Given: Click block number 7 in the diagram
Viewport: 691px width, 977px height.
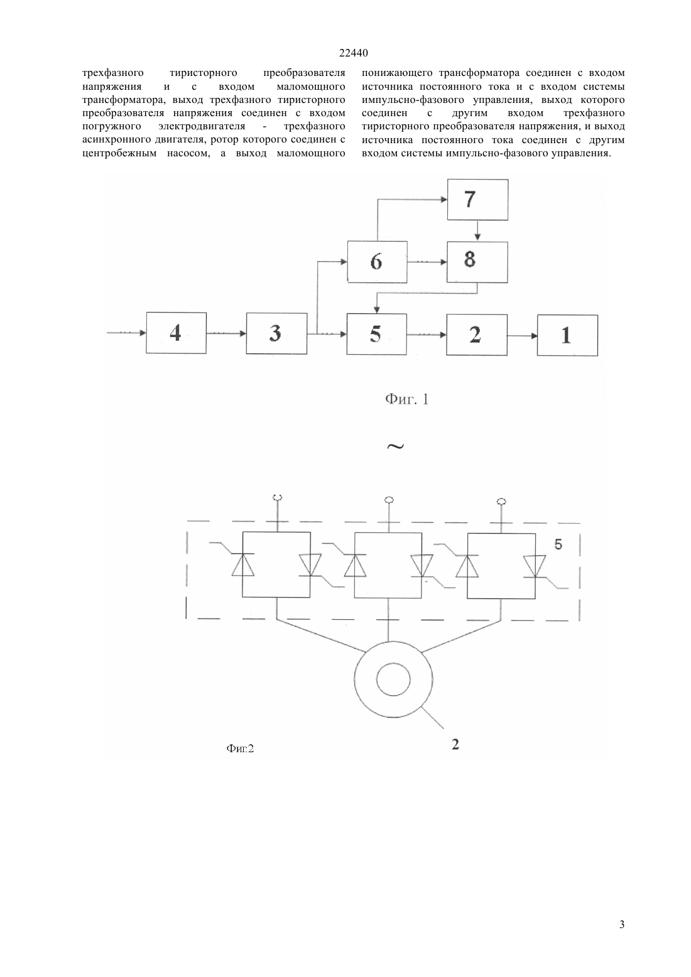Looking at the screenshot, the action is pos(477,200).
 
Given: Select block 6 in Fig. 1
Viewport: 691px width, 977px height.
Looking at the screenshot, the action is pos(378,262).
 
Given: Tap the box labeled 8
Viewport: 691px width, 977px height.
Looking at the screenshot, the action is pos(477,262).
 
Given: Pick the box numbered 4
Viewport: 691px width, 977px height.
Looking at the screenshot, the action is pos(177,333).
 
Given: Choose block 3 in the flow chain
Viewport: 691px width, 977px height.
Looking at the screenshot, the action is pos(276,333).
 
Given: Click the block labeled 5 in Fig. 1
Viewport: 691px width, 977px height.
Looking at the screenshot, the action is pos(377,334).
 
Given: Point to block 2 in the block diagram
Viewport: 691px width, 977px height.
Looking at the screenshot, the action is pos(477,335).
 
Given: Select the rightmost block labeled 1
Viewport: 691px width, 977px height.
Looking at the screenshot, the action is pos(567,335).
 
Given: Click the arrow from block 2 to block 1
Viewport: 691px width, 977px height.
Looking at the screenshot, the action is pos(522,335).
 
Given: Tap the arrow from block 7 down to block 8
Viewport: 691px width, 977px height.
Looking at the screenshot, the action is pos(477,230).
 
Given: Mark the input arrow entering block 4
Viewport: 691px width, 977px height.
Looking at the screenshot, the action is pos(126,333).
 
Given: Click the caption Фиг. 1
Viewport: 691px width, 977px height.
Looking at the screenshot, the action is pos(407,399).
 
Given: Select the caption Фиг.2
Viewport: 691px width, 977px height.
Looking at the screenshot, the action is pos(240,748).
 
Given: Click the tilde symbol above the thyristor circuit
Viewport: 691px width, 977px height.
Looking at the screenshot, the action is pos(395,446).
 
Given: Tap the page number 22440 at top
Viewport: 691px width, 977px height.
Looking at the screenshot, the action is pos(353,53).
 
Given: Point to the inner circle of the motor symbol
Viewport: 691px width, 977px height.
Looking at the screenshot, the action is pos(393,679).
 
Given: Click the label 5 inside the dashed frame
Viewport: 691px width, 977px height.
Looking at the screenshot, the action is pos(558,544).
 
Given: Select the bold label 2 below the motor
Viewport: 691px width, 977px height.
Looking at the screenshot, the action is pos(455,745).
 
